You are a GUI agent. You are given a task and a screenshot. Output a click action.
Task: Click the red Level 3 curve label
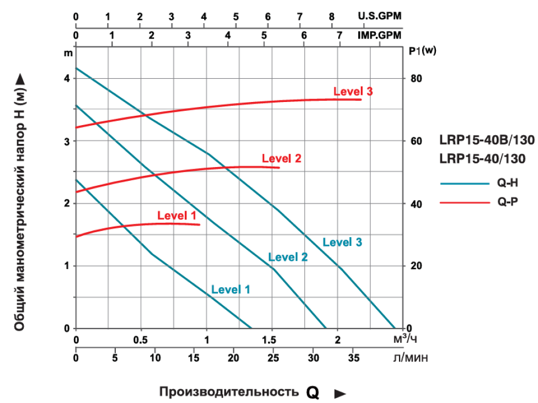tap(353, 92)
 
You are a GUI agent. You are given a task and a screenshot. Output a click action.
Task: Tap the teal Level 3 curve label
tap(342, 242)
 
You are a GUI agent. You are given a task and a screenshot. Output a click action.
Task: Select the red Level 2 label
tap(281, 159)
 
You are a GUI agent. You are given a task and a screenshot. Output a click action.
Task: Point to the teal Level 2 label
tap(287, 257)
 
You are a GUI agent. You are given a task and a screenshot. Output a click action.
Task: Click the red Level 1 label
tap(177, 216)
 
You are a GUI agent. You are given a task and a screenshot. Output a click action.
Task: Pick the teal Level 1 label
tap(231, 289)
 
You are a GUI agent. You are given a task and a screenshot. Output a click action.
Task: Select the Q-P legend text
tap(508, 202)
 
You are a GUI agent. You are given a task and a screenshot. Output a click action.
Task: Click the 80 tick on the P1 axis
tap(416, 78)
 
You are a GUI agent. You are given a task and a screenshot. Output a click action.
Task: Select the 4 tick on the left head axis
tap(67, 78)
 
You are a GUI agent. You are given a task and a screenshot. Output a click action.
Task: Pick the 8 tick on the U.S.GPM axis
tap(332, 17)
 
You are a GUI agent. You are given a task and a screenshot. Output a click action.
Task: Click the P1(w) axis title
tap(423, 51)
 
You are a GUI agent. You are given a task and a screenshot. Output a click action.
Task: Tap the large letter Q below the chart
tap(313, 392)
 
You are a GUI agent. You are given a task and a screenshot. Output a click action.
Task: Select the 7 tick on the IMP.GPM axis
tap(339, 35)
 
